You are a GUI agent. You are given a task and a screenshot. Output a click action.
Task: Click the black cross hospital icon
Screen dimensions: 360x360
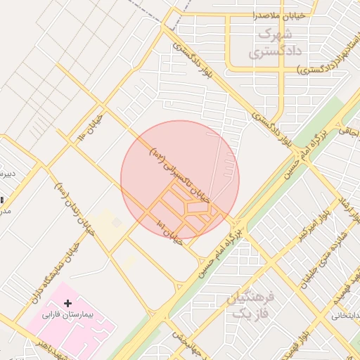(x=68, y=303)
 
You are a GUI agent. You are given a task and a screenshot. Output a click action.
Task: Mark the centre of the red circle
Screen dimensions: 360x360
(x=180, y=180)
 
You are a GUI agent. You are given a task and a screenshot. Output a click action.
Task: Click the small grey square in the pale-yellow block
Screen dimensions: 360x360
(x=117, y=223)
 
